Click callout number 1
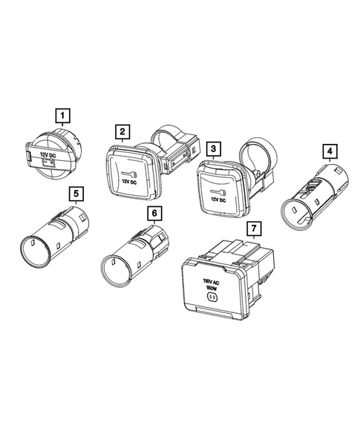65,115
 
